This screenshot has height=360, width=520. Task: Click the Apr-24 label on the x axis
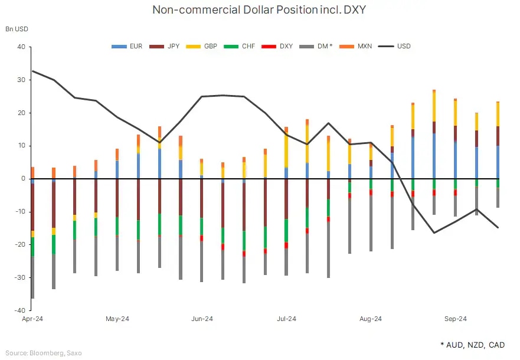click(33, 319)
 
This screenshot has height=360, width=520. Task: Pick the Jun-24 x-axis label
click(202, 319)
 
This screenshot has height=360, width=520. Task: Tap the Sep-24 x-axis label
click(455, 319)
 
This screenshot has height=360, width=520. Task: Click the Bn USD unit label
click(17, 28)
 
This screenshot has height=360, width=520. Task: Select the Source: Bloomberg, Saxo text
click(44, 353)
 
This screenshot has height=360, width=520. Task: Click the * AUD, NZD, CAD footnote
click(472, 344)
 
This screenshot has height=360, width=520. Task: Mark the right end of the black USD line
click(498, 228)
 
